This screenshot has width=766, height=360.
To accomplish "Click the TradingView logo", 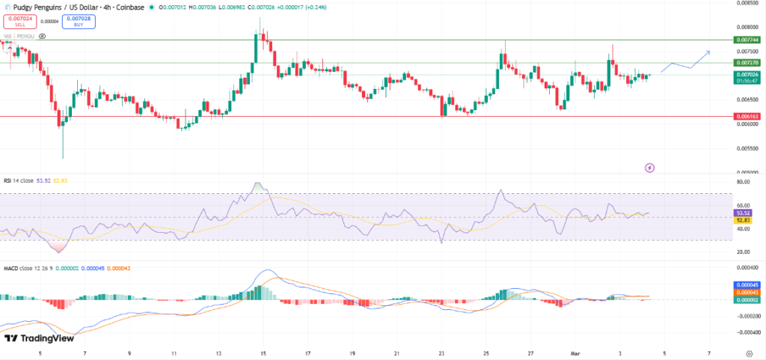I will tap(39, 338).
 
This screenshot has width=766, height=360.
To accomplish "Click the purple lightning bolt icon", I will tap(649, 168).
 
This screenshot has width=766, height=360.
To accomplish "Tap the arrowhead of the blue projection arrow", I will tap(708, 52).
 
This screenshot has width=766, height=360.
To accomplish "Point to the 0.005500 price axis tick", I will tap(744, 148).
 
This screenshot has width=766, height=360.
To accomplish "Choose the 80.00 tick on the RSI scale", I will tap(744, 182).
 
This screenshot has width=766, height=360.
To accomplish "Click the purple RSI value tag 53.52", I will tap(744, 213).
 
